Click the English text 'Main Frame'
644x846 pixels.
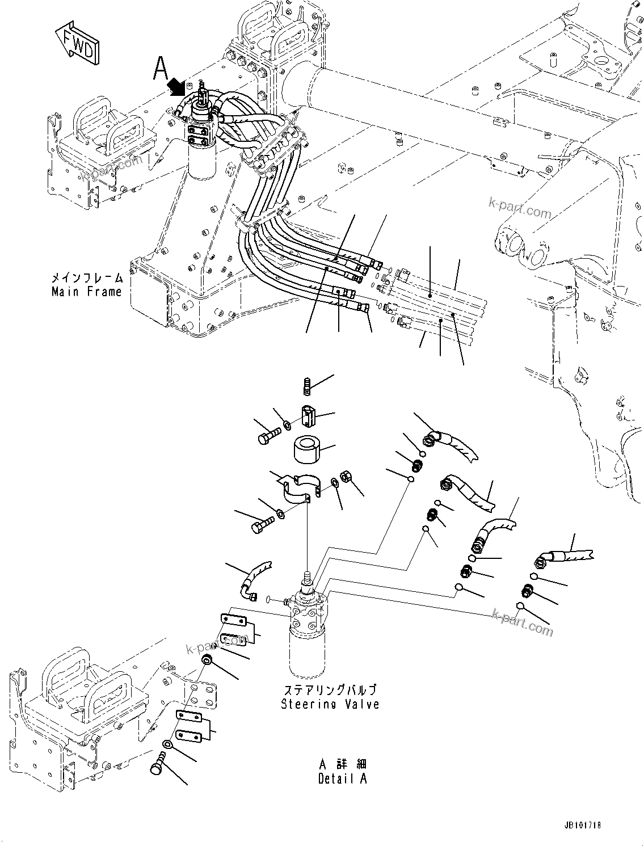click(87, 292)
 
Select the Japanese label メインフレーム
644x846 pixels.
click(87, 278)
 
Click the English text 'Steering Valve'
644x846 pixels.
click(330, 704)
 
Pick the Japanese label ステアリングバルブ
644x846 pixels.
click(330, 691)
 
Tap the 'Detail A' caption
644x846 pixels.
click(342, 778)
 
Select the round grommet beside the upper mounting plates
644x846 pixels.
click(208, 659)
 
